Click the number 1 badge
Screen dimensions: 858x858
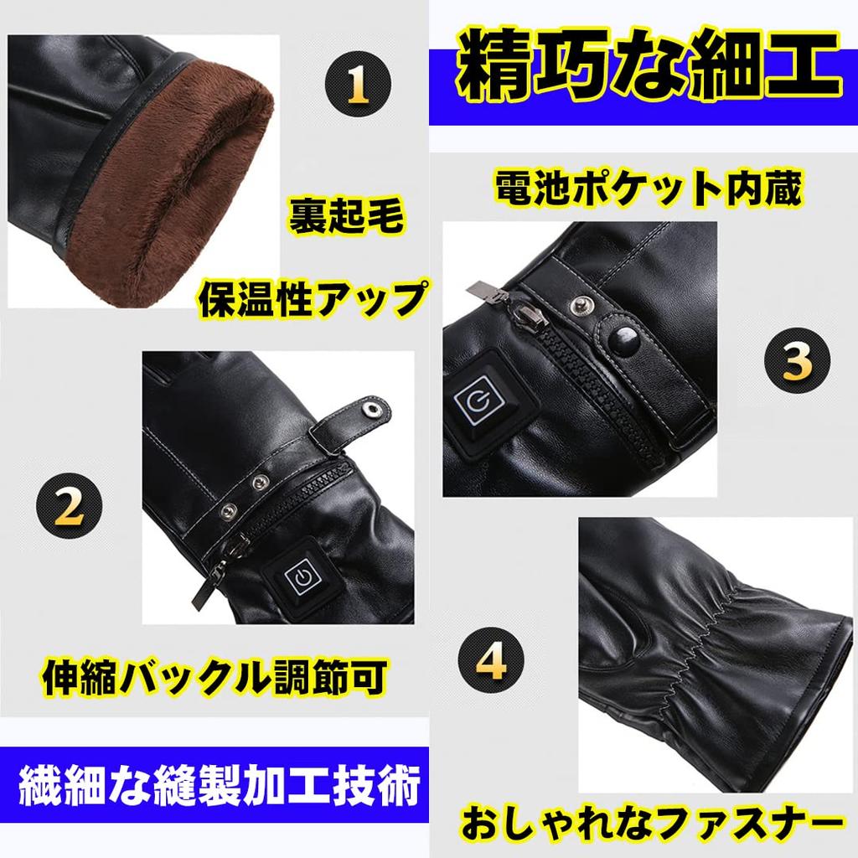point(358,82)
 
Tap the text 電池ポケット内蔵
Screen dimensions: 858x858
point(648,189)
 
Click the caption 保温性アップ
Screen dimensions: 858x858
point(309,298)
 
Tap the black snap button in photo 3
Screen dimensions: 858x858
point(625,339)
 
